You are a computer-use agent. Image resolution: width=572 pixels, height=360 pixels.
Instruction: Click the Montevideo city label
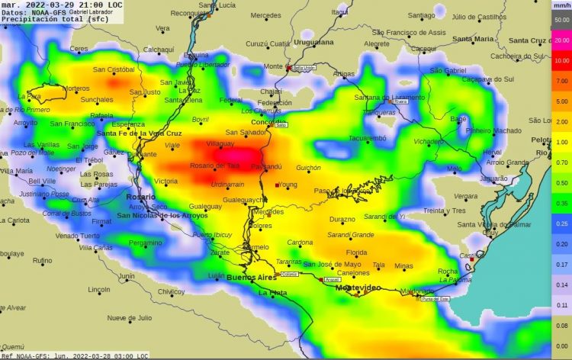pos(358,288)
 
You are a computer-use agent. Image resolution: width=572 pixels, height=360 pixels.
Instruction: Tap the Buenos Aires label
pos(251,278)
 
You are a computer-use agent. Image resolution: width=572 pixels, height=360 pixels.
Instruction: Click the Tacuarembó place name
pos(368,138)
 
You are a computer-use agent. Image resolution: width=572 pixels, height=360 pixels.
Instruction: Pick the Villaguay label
pos(220,143)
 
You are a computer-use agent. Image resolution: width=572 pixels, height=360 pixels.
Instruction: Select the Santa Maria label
pos(473,39)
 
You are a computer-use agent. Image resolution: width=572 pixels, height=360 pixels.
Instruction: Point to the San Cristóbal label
pos(114,70)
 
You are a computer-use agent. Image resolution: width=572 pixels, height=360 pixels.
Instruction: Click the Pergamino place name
pos(145,243)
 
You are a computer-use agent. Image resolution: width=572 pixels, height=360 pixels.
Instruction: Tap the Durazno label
pos(342,219)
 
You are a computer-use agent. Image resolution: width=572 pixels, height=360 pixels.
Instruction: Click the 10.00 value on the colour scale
pos(561,59)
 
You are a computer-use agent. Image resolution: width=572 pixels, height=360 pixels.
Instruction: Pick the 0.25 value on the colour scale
pos(561,224)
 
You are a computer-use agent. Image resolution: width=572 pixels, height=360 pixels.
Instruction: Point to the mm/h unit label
pos(561,5)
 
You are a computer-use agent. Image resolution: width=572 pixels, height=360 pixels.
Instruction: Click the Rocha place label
pos(448,272)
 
